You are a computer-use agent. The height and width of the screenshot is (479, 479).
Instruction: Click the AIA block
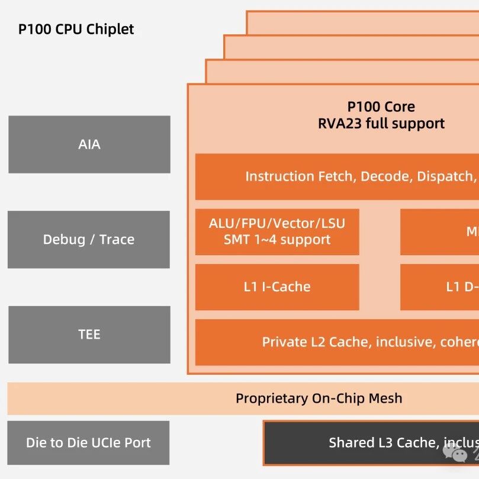(x=89, y=144)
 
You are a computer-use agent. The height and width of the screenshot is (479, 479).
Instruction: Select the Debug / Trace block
(x=89, y=239)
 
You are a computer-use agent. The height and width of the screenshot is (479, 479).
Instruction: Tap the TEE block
(x=89, y=335)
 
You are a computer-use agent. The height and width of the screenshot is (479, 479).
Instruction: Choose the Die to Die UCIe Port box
(x=88, y=442)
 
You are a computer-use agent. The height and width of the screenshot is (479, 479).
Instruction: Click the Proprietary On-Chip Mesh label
(x=319, y=398)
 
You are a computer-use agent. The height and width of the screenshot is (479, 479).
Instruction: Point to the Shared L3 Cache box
(x=371, y=443)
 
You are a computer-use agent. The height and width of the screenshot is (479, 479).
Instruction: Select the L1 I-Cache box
(x=277, y=287)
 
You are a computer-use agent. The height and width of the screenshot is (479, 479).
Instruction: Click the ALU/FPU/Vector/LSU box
(x=277, y=232)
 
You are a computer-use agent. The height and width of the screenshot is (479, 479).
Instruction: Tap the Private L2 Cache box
(x=337, y=342)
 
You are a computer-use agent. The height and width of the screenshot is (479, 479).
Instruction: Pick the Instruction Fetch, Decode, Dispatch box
(x=337, y=176)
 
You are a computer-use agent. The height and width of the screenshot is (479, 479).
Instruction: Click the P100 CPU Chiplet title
(x=76, y=29)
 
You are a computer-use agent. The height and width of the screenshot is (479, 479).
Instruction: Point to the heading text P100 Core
(x=381, y=107)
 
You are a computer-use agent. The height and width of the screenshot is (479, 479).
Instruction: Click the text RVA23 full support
(x=381, y=123)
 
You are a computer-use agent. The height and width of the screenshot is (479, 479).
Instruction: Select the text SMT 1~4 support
(x=277, y=240)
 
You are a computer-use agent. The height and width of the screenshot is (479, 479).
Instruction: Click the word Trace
(x=117, y=239)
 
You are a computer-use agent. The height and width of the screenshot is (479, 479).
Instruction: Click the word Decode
(x=385, y=176)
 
